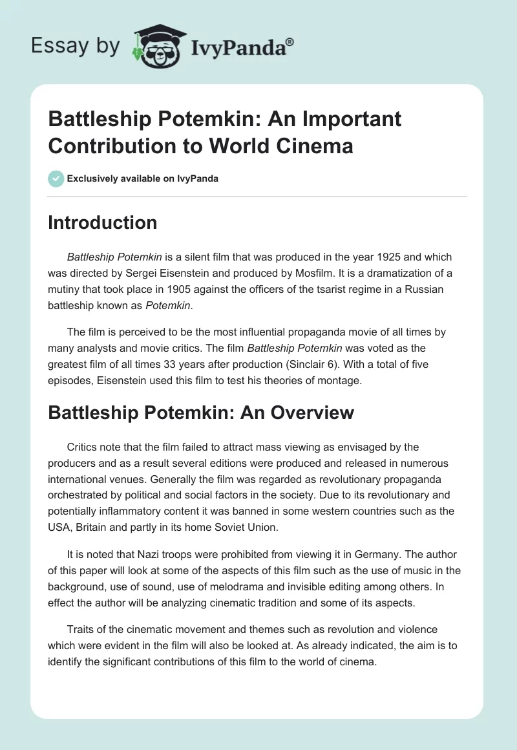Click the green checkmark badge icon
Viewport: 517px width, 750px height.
[x=56, y=178]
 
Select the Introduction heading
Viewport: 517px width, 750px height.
[x=102, y=222]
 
